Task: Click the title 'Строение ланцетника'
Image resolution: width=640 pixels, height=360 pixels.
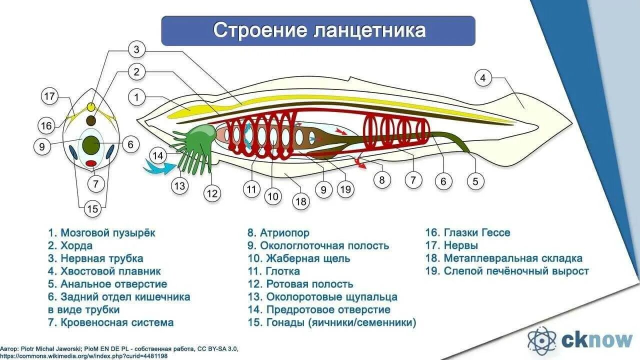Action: tap(318, 30)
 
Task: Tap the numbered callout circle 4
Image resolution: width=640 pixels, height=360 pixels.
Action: tap(482, 78)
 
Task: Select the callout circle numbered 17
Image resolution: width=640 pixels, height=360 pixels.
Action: tap(49, 97)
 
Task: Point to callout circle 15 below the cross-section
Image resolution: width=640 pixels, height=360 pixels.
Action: tap(92, 208)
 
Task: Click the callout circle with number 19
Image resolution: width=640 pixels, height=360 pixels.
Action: tap(345, 189)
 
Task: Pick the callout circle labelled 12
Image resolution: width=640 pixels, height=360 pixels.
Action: tap(212, 193)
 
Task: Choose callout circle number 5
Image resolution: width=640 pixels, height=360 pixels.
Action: tap(475, 181)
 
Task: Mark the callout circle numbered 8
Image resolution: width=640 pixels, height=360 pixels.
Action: tap(382, 180)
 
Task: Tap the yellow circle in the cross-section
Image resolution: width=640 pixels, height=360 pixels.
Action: tap(91, 107)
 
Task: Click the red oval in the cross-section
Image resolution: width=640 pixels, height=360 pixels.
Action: tap(91, 163)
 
